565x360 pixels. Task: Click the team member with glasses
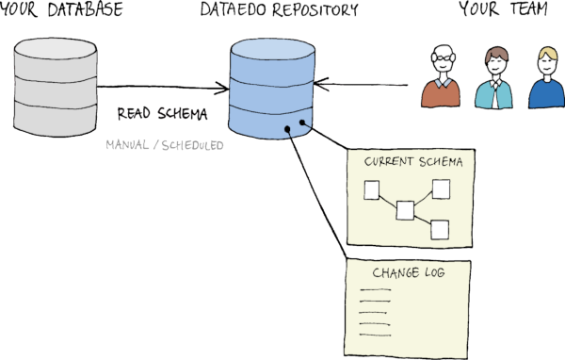(441, 80)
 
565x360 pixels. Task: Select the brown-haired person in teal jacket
(493, 80)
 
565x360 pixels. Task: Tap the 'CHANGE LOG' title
(409, 273)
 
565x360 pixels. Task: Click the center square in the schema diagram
(405, 208)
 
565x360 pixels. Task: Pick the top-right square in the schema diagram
(439, 188)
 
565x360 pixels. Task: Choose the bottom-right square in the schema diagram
(439, 228)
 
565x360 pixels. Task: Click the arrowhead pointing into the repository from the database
(224, 90)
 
